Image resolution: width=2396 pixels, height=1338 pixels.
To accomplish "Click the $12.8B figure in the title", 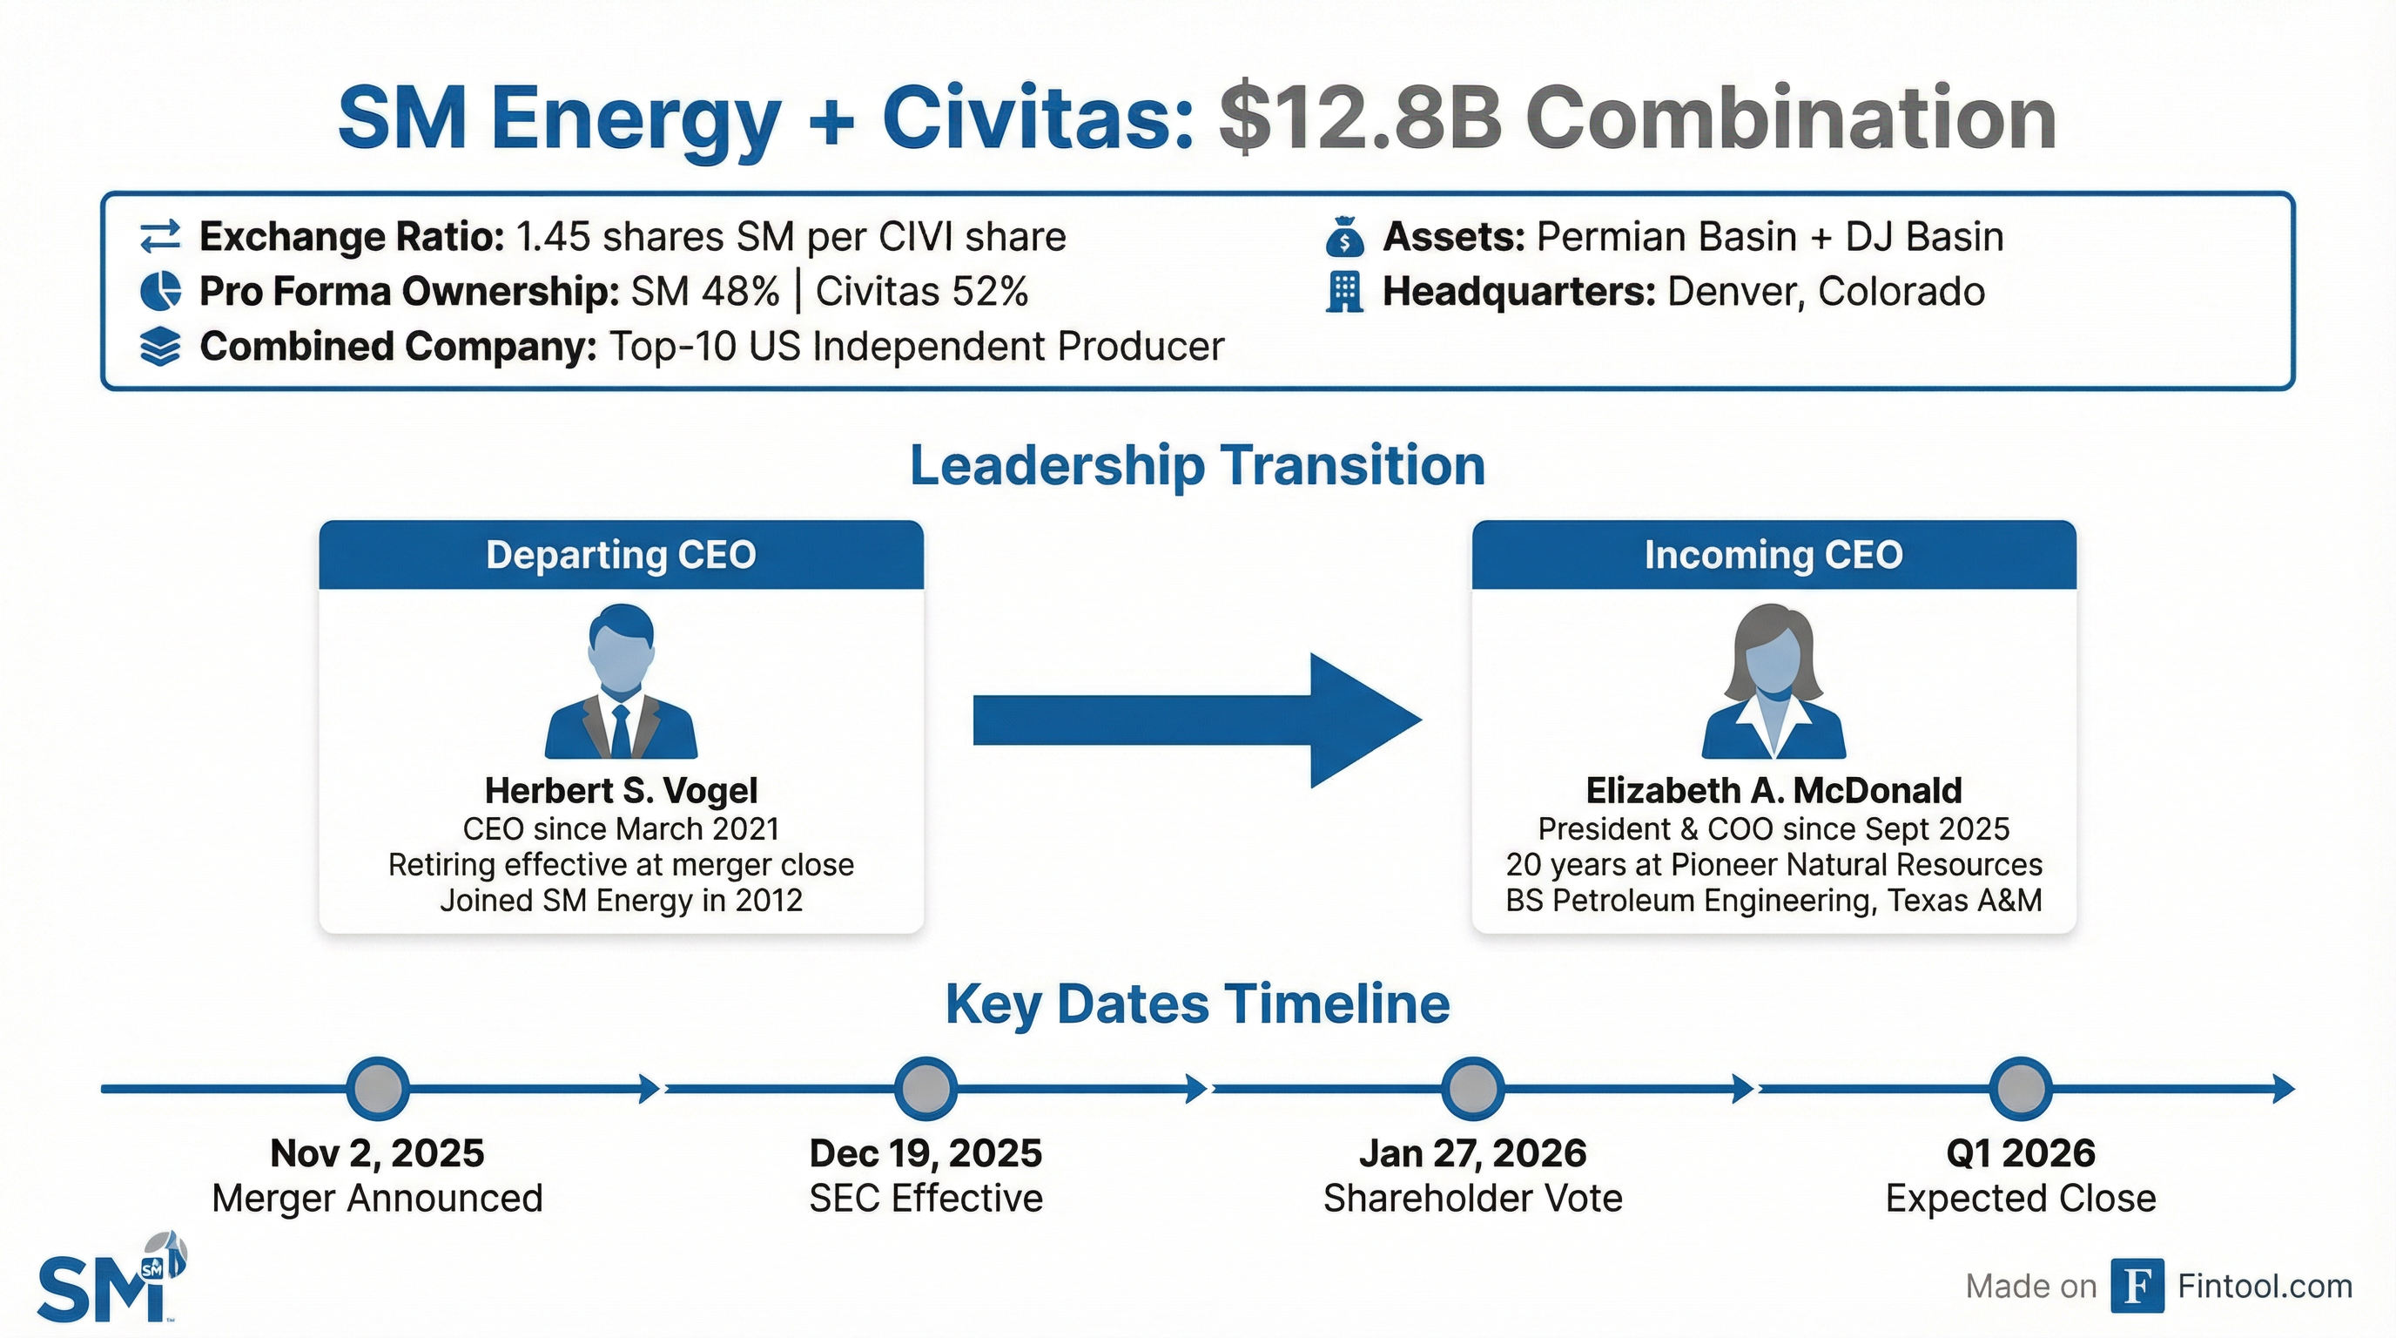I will (1359, 120).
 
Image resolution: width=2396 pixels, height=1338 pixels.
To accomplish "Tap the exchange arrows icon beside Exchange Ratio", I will (160, 237).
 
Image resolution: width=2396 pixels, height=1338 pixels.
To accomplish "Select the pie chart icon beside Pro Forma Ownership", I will (160, 291).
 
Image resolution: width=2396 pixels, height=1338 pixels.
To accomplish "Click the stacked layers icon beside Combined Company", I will (160, 347).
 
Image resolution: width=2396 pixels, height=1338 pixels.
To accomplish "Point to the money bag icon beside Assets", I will (1344, 237).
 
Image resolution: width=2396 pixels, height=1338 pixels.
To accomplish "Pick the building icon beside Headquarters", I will (1344, 292).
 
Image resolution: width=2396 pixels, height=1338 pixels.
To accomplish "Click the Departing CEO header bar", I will (622, 555).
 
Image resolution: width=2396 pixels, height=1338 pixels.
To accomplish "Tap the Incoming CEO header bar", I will (1773, 555).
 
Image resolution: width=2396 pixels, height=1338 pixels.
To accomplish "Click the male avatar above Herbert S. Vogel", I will (622, 681).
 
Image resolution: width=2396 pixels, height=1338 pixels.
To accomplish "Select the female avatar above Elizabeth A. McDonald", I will (1773, 681).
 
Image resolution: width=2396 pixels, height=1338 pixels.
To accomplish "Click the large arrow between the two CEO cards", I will (1197, 720).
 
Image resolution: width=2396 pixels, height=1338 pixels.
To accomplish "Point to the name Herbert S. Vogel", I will (622, 791).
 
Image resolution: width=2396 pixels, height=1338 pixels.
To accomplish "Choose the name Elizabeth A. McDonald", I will (1773, 791).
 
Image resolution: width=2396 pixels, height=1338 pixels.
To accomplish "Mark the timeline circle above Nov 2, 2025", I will (378, 1088).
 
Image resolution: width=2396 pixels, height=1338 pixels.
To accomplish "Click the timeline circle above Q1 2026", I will (2020, 1088).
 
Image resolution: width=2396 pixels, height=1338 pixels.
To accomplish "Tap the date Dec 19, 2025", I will (925, 1154).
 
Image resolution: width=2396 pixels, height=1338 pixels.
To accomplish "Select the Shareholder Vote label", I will (1472, 1199).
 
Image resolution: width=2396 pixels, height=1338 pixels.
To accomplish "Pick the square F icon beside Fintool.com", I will (2137, 1286).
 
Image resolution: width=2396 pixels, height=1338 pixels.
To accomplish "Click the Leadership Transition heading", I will (1197, 465).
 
